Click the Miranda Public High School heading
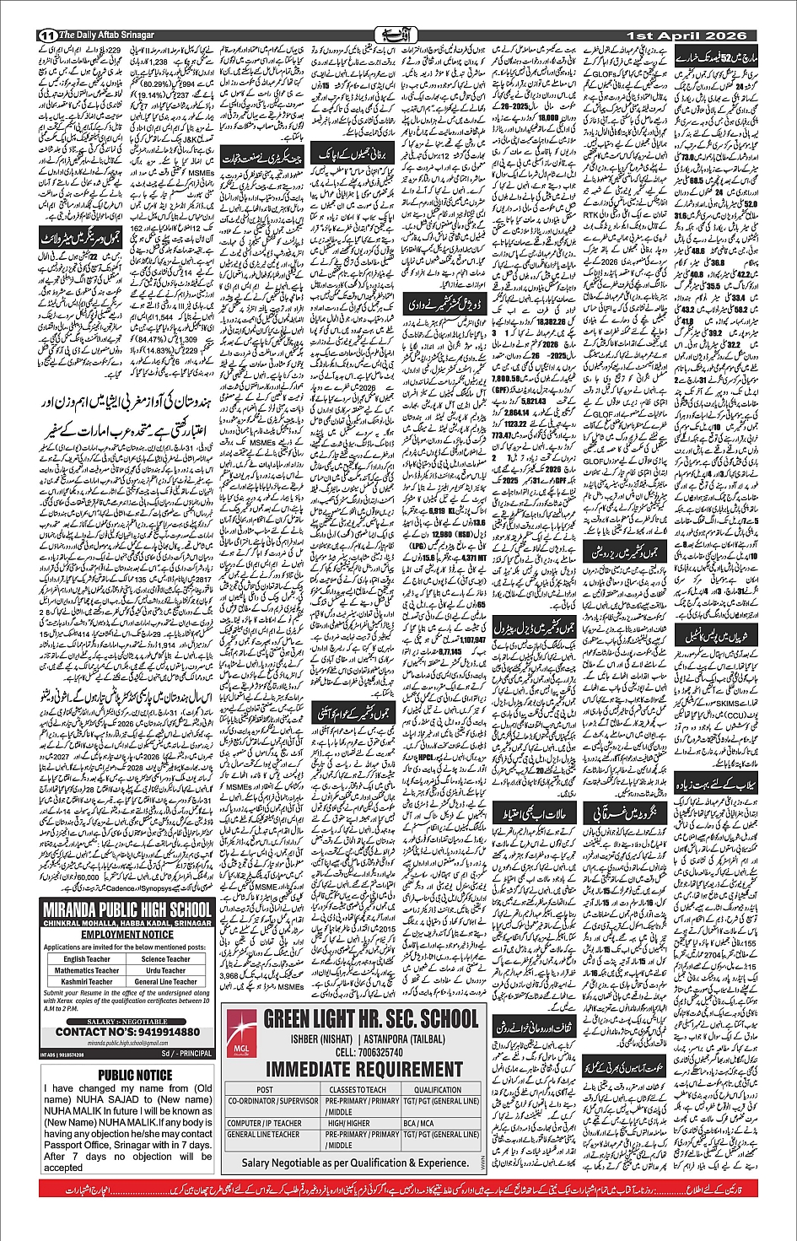click(x=127, y=909)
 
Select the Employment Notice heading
click(x=127, y=935)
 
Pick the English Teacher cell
click(x=87, y=959)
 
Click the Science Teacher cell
click(x=166, y=959)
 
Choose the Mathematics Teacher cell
click(x=87, y=971)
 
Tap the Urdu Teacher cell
click(x=166, y=971)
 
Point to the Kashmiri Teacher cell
click(x=87, y=982)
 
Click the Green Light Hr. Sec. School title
click(x=371, y=1019)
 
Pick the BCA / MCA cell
click(x=417, y=1124)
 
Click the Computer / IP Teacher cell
click(x=265, y=1124)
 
